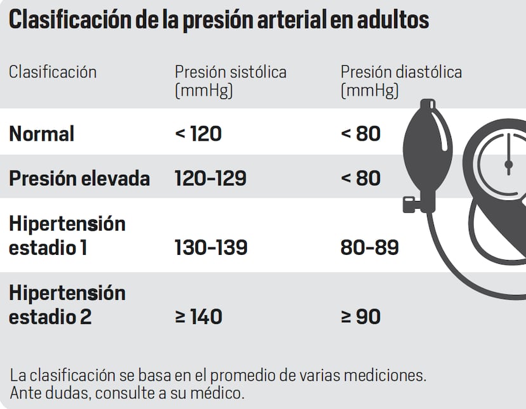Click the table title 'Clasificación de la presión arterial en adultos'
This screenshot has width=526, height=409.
pyautogui.click(x=218, y=20)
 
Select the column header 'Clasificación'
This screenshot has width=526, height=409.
pyautogui.click(x=53, y=72)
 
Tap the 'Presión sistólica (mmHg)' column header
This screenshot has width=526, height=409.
pyautogui.click(x=230, y=81)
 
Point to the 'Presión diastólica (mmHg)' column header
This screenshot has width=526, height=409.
pyautogui.click(x=401, y=81)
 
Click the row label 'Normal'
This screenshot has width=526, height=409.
pyautogui.click(x=42, y=134)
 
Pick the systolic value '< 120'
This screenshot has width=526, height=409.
pyautogui.click(x=198, y=134)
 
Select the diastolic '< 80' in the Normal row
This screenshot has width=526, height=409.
pyautogui.click(x=360, y=134)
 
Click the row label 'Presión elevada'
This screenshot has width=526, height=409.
pyautogui.click(x=79, y=179)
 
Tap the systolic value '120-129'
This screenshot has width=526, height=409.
pyautogui.click(x=210, y=179)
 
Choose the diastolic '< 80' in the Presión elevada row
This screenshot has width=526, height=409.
pyautogui.click(x=360, y=179)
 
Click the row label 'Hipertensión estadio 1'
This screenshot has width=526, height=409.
pyautogui.click(x=67, y=235)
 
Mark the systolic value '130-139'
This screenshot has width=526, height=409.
pyautogui.click(x=211, y=247)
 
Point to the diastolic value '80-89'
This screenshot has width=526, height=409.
pyautogui.click(x=369, y=247)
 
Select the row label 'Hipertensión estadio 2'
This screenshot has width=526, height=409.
pyautogui.click(x=67, y=304)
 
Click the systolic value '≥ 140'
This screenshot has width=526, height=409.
pyautogui.click(x=198, y=316)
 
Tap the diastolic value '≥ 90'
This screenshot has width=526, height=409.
pyautogui.click(x=360, y=316)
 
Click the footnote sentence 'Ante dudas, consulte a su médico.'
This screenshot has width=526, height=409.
pyautogui.click(x=127, y=393)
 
